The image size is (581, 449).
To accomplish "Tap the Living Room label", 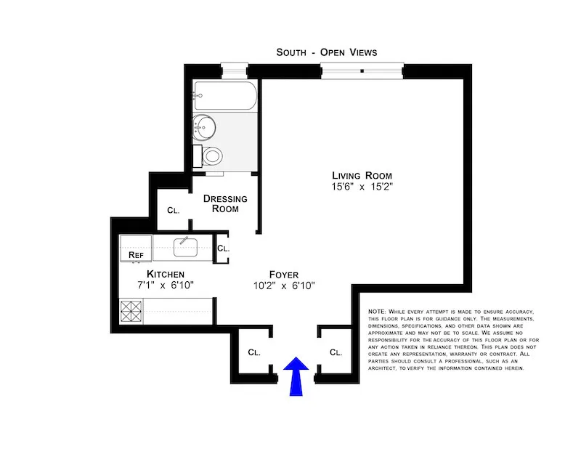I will coord(362,175).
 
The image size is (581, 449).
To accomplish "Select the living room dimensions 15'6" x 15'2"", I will coord(362,187).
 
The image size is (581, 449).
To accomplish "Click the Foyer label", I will coord(285,274).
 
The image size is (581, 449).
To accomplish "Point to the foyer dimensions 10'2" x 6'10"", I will coord(285,286).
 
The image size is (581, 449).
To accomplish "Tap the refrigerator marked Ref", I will coord(135,255).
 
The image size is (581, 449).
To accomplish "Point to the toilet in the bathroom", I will coord(212,155).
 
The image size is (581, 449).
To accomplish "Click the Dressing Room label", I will coord(225,203).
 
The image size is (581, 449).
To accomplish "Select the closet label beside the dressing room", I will coord(173,211).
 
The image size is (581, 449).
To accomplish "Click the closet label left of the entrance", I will coord(253,353).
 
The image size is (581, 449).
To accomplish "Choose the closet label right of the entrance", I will coord(336,353).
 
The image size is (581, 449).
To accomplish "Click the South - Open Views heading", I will coord(327,52).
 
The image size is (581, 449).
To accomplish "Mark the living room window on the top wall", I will coord(362,70).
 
